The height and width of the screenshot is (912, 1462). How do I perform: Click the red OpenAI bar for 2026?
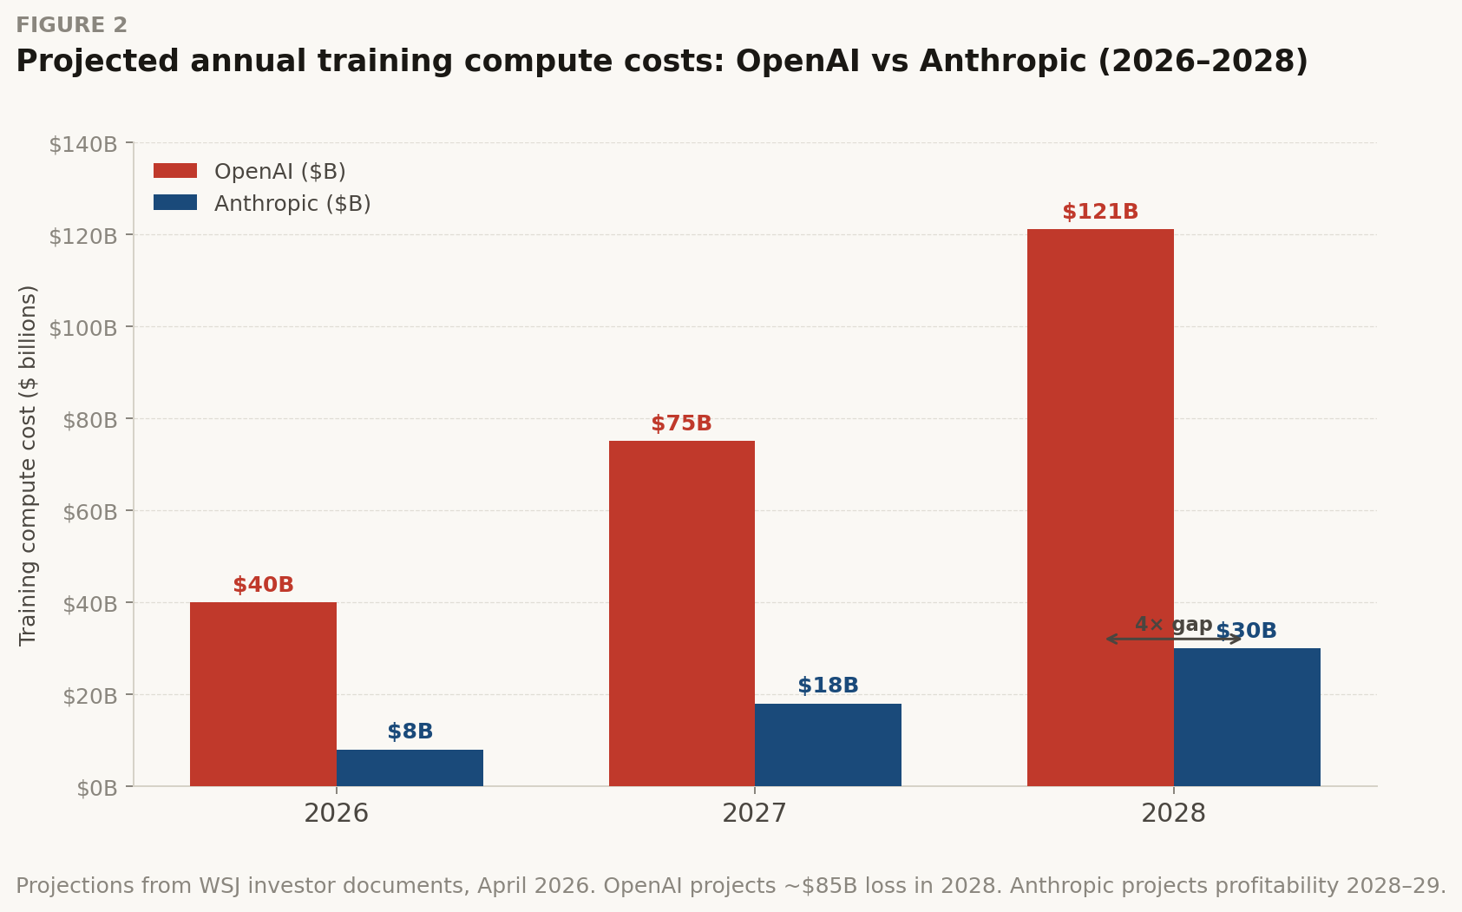(263, 694)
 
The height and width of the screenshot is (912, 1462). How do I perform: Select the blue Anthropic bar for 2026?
(410, 768)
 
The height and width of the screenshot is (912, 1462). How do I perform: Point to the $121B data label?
(1100, 212)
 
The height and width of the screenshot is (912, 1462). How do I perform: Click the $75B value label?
(681, 423)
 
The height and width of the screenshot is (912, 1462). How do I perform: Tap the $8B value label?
(410, 732)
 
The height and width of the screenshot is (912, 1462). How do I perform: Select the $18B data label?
(828, 686)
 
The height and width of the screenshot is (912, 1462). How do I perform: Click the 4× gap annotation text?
(1173, 624)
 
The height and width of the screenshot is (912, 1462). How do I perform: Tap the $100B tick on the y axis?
(83, 328)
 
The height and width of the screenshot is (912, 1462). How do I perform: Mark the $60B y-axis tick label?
(89, 512)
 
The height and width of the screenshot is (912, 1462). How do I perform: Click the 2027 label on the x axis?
(754, 814)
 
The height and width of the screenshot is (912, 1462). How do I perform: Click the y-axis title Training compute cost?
(28, 465)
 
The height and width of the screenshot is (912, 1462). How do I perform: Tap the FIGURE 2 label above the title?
(71, 25)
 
